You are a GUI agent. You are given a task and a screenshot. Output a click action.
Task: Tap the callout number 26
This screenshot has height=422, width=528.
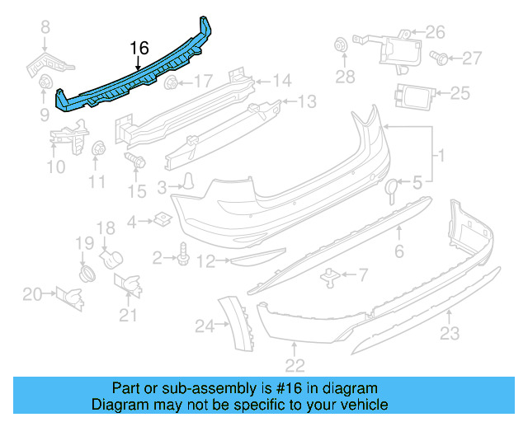(435, 33)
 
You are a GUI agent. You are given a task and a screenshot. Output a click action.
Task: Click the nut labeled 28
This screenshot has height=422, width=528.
(338, 46)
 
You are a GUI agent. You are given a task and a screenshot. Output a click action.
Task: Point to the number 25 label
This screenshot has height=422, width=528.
(460, 92)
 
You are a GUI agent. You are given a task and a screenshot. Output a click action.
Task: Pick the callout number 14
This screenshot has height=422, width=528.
(282, 81)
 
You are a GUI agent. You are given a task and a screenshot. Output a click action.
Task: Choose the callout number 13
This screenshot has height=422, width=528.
(307, 102)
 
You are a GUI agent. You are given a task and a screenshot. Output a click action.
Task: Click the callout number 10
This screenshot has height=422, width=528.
(54, 168)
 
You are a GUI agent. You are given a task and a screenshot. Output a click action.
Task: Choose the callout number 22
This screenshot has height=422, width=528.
(295, 364)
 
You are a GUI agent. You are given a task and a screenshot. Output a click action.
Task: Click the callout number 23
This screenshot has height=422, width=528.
(449, 333)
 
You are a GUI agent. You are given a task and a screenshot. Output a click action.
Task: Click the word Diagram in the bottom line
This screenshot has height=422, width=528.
(120, 405)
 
